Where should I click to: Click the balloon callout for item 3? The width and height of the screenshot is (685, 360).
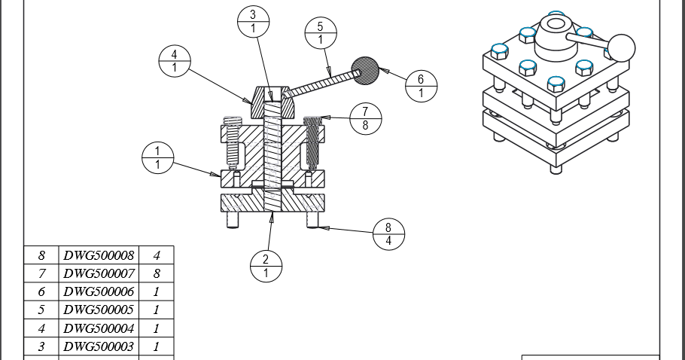[253, 21]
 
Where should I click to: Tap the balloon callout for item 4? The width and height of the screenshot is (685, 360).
[175, 61]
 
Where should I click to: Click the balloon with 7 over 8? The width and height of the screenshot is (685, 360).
[366, 118]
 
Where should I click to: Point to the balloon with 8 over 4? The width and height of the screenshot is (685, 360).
[388, 234]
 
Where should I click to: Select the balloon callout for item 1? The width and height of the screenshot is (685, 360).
[158, 158]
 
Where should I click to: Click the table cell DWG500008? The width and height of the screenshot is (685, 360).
[98, 255]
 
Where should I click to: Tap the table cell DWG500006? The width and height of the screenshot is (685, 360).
[98, 291]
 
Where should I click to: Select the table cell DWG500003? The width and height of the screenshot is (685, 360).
[98, 346]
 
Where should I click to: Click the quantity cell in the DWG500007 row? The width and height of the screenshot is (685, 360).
[157, 273]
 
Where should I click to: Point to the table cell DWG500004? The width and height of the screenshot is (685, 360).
[98, 328]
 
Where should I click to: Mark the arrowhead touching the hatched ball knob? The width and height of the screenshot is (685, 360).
[382, 71]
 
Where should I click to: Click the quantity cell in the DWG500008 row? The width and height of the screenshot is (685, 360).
[157, 255]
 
